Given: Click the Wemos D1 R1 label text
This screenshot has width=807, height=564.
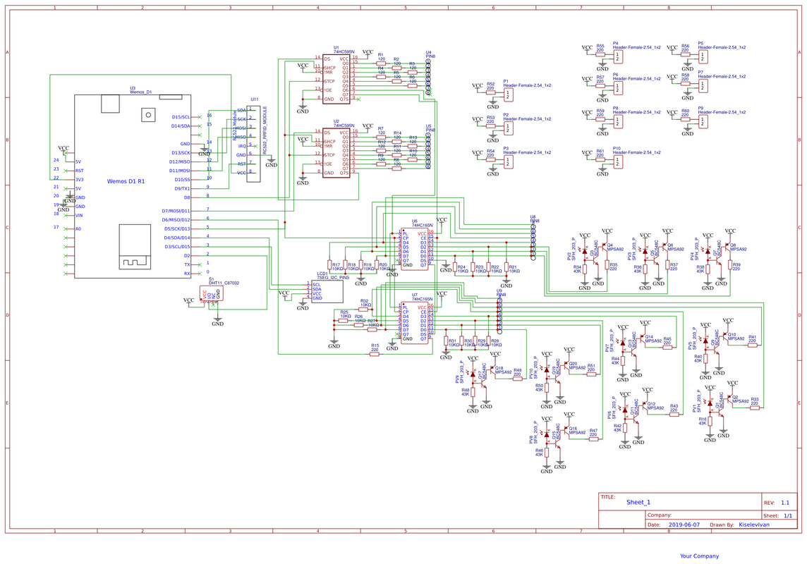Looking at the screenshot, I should tap(126, 181).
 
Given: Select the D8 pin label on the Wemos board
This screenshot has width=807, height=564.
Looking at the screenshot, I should tap(186, 197).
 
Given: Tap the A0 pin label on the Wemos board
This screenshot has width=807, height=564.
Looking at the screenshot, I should tap(78, 229).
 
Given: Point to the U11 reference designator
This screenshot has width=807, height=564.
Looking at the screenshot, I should tap(254, 100).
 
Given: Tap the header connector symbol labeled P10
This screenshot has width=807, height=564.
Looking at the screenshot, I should tap(618, 162).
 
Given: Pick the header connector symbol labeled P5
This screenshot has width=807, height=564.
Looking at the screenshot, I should tap(703, 56).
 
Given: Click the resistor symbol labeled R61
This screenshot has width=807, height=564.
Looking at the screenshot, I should tap(600, 159).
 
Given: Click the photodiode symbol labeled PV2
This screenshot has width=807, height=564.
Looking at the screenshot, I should tap(584, 252).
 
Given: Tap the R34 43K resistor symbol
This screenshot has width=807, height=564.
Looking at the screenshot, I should tap(585, 269).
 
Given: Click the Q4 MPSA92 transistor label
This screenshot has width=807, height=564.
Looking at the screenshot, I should tap(614, 247).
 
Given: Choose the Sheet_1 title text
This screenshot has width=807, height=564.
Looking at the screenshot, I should tap(638, 502).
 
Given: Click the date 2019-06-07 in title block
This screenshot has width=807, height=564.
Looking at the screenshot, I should tap(683, 525).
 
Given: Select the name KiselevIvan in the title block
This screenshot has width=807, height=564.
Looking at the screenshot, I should tap(753, 525).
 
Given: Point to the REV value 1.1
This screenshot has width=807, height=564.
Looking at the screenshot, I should tap(784, 503).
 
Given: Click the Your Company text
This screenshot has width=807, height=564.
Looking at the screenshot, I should tap(699, 556).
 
